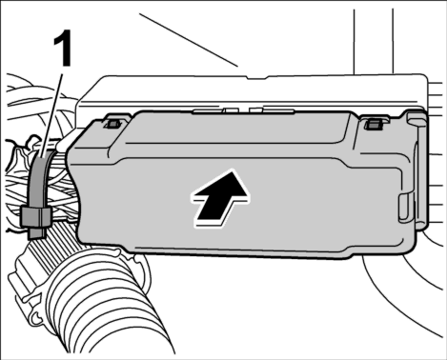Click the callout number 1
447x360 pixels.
click(x=63, y=49)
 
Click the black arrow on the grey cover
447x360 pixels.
click(x=221, y=199)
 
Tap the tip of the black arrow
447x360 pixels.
click(x=234, y=171)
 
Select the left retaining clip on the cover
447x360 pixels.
click(x=113, y=124)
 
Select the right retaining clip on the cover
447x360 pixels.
click(x=374, y=125)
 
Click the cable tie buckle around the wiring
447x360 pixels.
click(x=36, y=216)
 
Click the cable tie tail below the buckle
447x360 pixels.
click(x=37, y=232)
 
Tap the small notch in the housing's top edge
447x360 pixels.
click(x=257, y=77)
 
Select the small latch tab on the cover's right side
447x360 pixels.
click(x=404, y=208)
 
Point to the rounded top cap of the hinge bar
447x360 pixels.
click(x=417, y=116)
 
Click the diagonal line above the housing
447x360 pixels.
click(x=189, y=40)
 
